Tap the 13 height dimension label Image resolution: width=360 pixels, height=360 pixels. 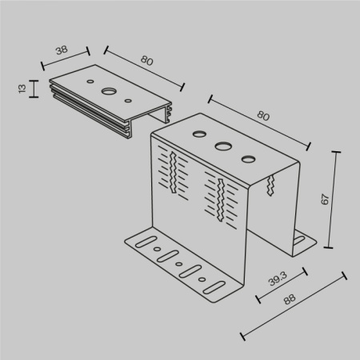[x=22, y=88]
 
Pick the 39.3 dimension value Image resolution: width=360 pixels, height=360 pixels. [x=277, y=280]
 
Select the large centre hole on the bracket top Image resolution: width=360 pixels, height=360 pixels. [x=222, y=146]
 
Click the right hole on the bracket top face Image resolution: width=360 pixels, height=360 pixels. [x=249, y=158]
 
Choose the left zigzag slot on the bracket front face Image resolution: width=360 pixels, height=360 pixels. [x=172, y=170]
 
